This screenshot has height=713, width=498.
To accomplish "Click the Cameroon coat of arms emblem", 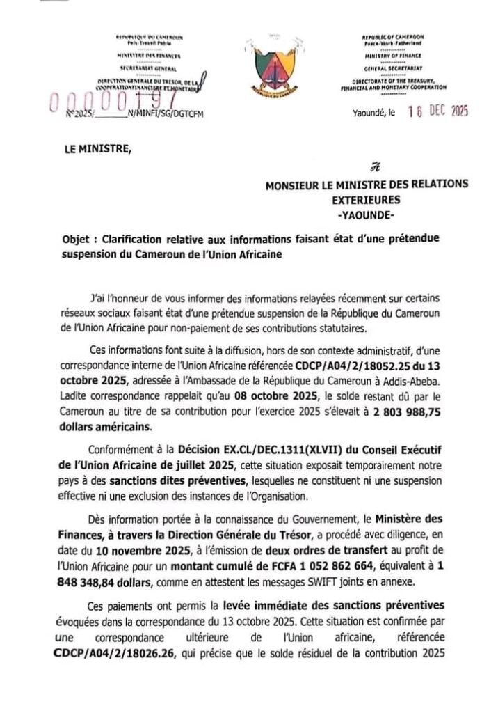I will tap(250, 69).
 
